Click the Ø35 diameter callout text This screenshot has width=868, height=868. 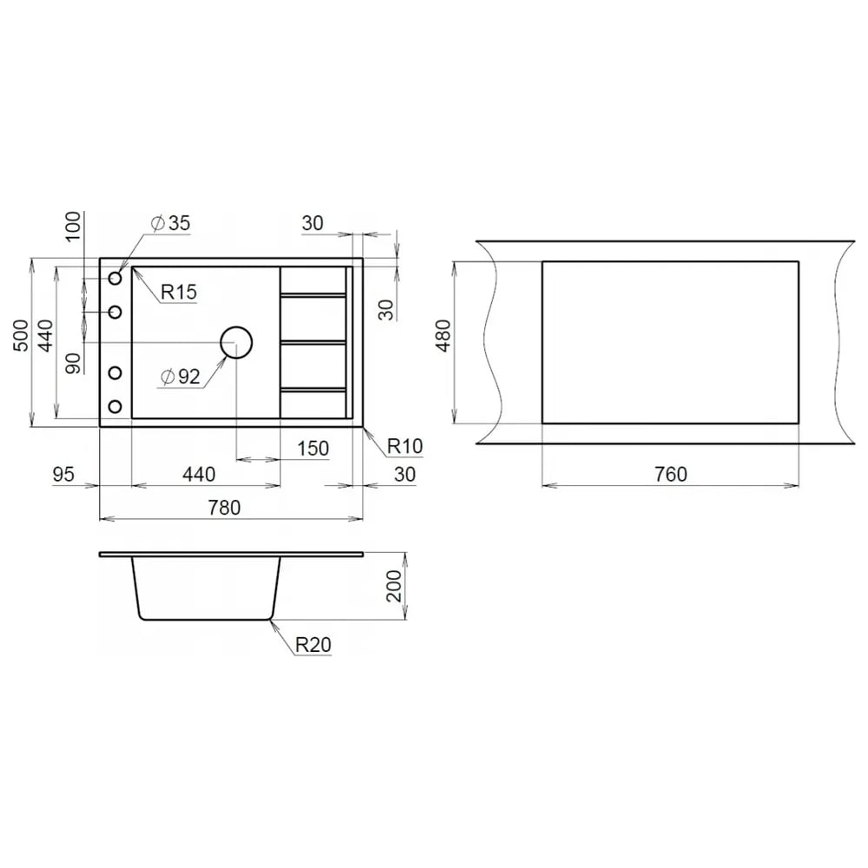pos(170,223)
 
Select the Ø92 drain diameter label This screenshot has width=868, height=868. pos(180,377)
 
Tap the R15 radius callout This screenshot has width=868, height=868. pos(179,292)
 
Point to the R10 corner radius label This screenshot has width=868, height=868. pos(404,445)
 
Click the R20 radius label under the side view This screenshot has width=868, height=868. pos(312,644)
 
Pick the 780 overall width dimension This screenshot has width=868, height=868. pos(224,508)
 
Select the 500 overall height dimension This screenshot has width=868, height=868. pos(21,335)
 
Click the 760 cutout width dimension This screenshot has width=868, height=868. pos(670,475)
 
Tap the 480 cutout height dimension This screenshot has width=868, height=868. pos(444,336)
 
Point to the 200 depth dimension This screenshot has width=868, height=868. pos(393,586)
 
